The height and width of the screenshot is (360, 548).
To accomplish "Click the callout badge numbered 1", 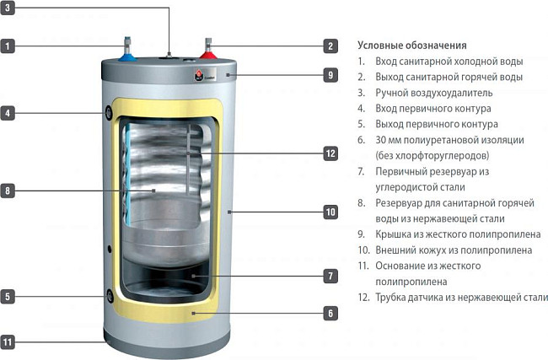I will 8,46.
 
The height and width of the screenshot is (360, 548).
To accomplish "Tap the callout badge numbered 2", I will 331,46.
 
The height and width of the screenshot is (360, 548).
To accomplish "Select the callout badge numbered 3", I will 8,11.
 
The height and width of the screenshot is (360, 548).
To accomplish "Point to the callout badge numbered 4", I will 8,112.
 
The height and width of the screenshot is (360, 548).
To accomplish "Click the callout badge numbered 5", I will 8,296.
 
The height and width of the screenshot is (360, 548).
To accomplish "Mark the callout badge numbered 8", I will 8,191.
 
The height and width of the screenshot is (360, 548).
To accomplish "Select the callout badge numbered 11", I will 8,342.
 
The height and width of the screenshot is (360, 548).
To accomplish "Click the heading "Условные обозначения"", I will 412,45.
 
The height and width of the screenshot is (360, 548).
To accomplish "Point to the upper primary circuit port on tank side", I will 110,112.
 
